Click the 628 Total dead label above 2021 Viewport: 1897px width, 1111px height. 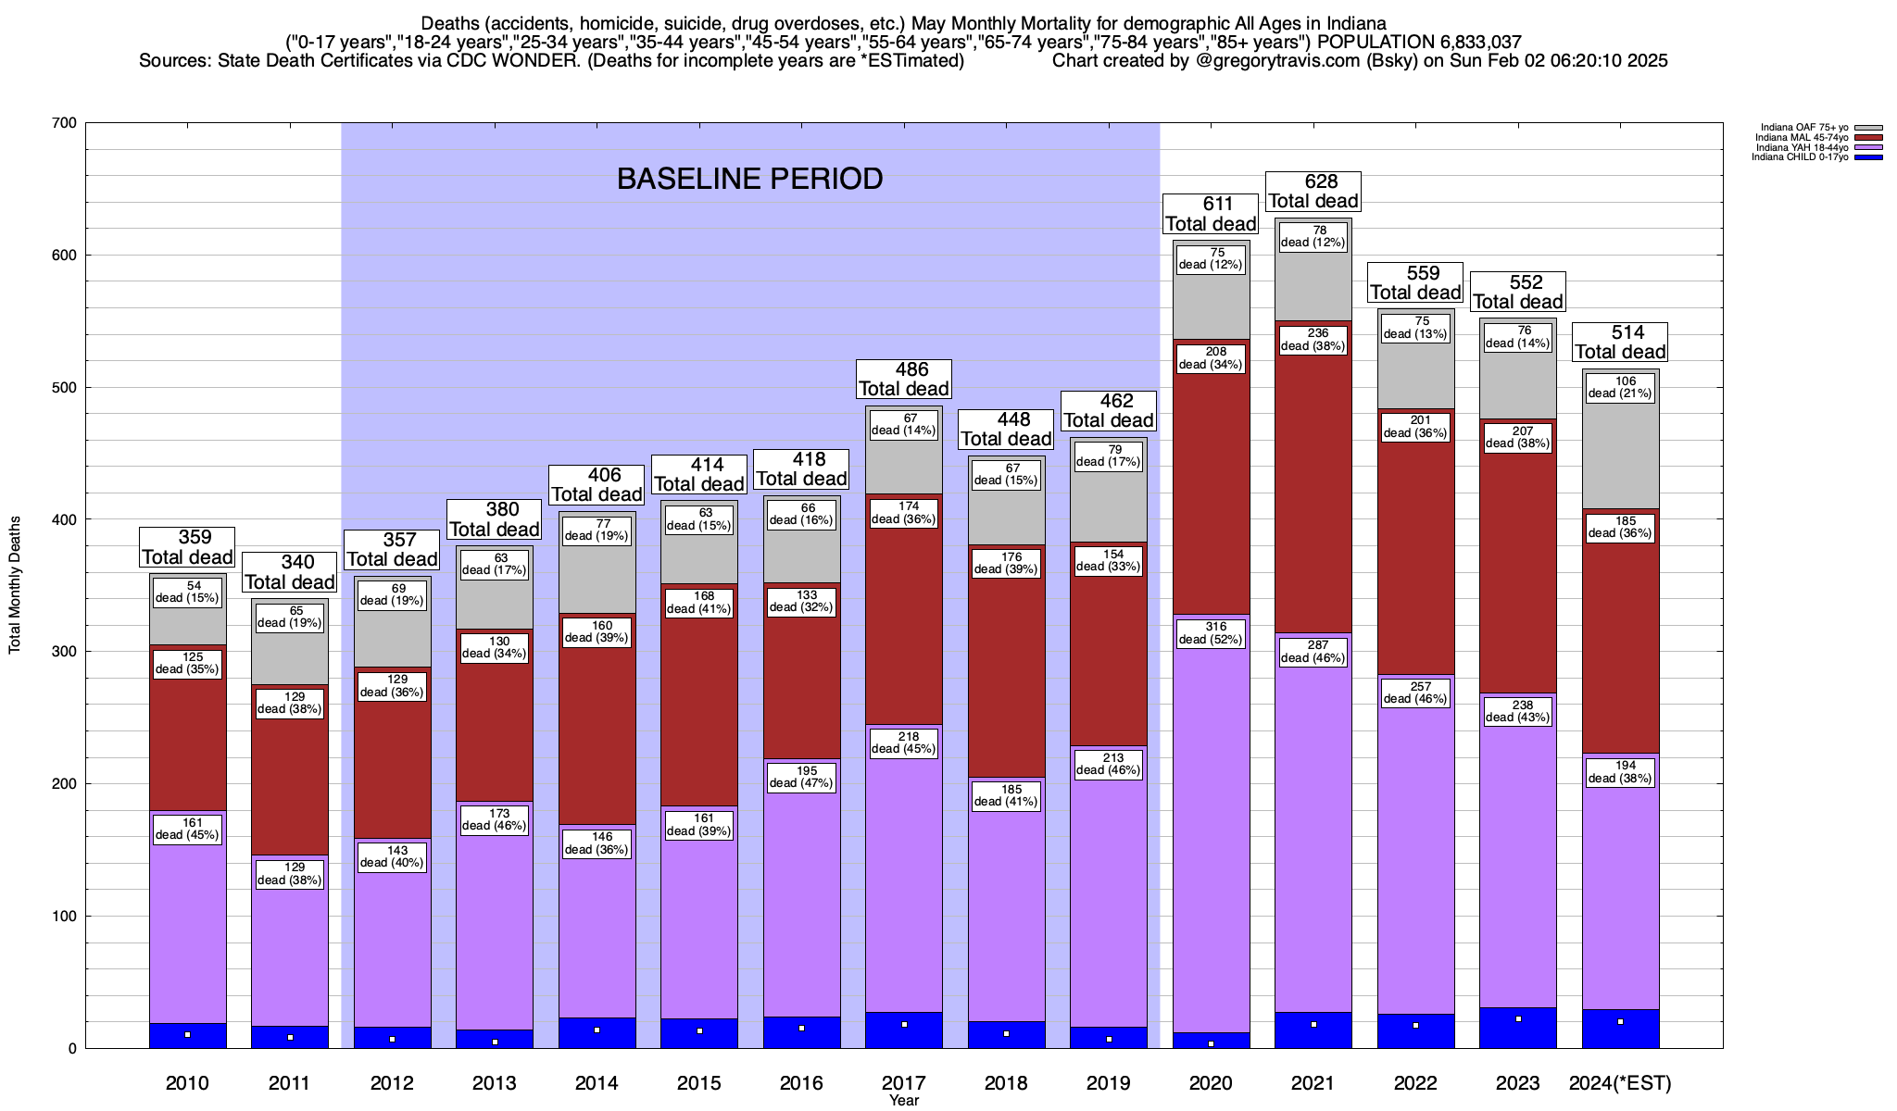tap(1313, 192)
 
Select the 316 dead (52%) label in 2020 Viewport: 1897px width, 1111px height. tap(1211, 633)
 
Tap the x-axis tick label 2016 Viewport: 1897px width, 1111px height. tap(801, 1083)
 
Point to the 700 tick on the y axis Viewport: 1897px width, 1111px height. tap(66, 123)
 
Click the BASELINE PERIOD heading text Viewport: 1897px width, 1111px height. tap(749, 179)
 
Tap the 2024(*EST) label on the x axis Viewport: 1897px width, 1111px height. tap(1620, 1083)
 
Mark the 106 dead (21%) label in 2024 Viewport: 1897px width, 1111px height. tap(1620, 387)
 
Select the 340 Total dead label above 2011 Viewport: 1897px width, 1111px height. tap(289, 572)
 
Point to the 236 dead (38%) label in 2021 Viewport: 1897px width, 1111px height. tap(1313, 340)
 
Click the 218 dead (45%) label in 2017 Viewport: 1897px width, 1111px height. tap(904, 743)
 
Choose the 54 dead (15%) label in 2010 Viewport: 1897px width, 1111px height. tap(187, 592)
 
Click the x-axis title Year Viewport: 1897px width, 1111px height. tap(904, 1101)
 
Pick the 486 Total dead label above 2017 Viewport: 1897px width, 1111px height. tap(904, 380)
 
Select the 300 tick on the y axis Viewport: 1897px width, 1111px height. tap(66, 652)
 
